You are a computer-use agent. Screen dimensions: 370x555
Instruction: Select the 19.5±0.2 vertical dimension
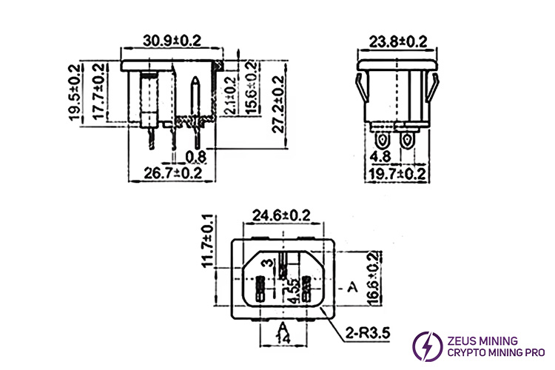[75, 92]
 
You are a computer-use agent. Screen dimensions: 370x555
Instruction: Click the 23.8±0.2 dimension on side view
[399, 41]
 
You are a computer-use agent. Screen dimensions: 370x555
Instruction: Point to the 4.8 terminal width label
[380, 157]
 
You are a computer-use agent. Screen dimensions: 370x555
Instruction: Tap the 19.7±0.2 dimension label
[399, 174]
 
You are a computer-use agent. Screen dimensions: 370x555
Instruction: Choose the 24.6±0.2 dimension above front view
[281, 216]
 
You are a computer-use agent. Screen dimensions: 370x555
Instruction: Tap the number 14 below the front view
[282, 337]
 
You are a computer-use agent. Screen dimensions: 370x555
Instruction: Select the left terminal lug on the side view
[384, 140]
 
